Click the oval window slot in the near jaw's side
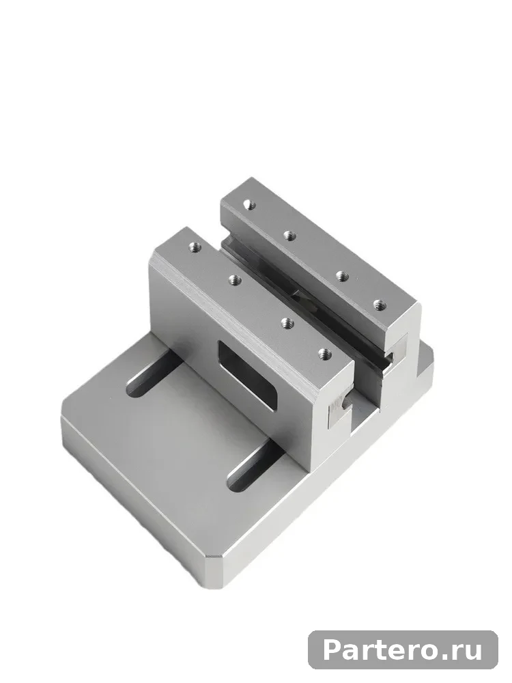click(x=247, y=376)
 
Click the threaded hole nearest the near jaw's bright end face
click(x=324, y=354)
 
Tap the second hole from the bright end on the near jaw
click(x=287, y=323)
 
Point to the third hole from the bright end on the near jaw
click(x=235, y=280)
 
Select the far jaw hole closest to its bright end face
click(x=380, y=304)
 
